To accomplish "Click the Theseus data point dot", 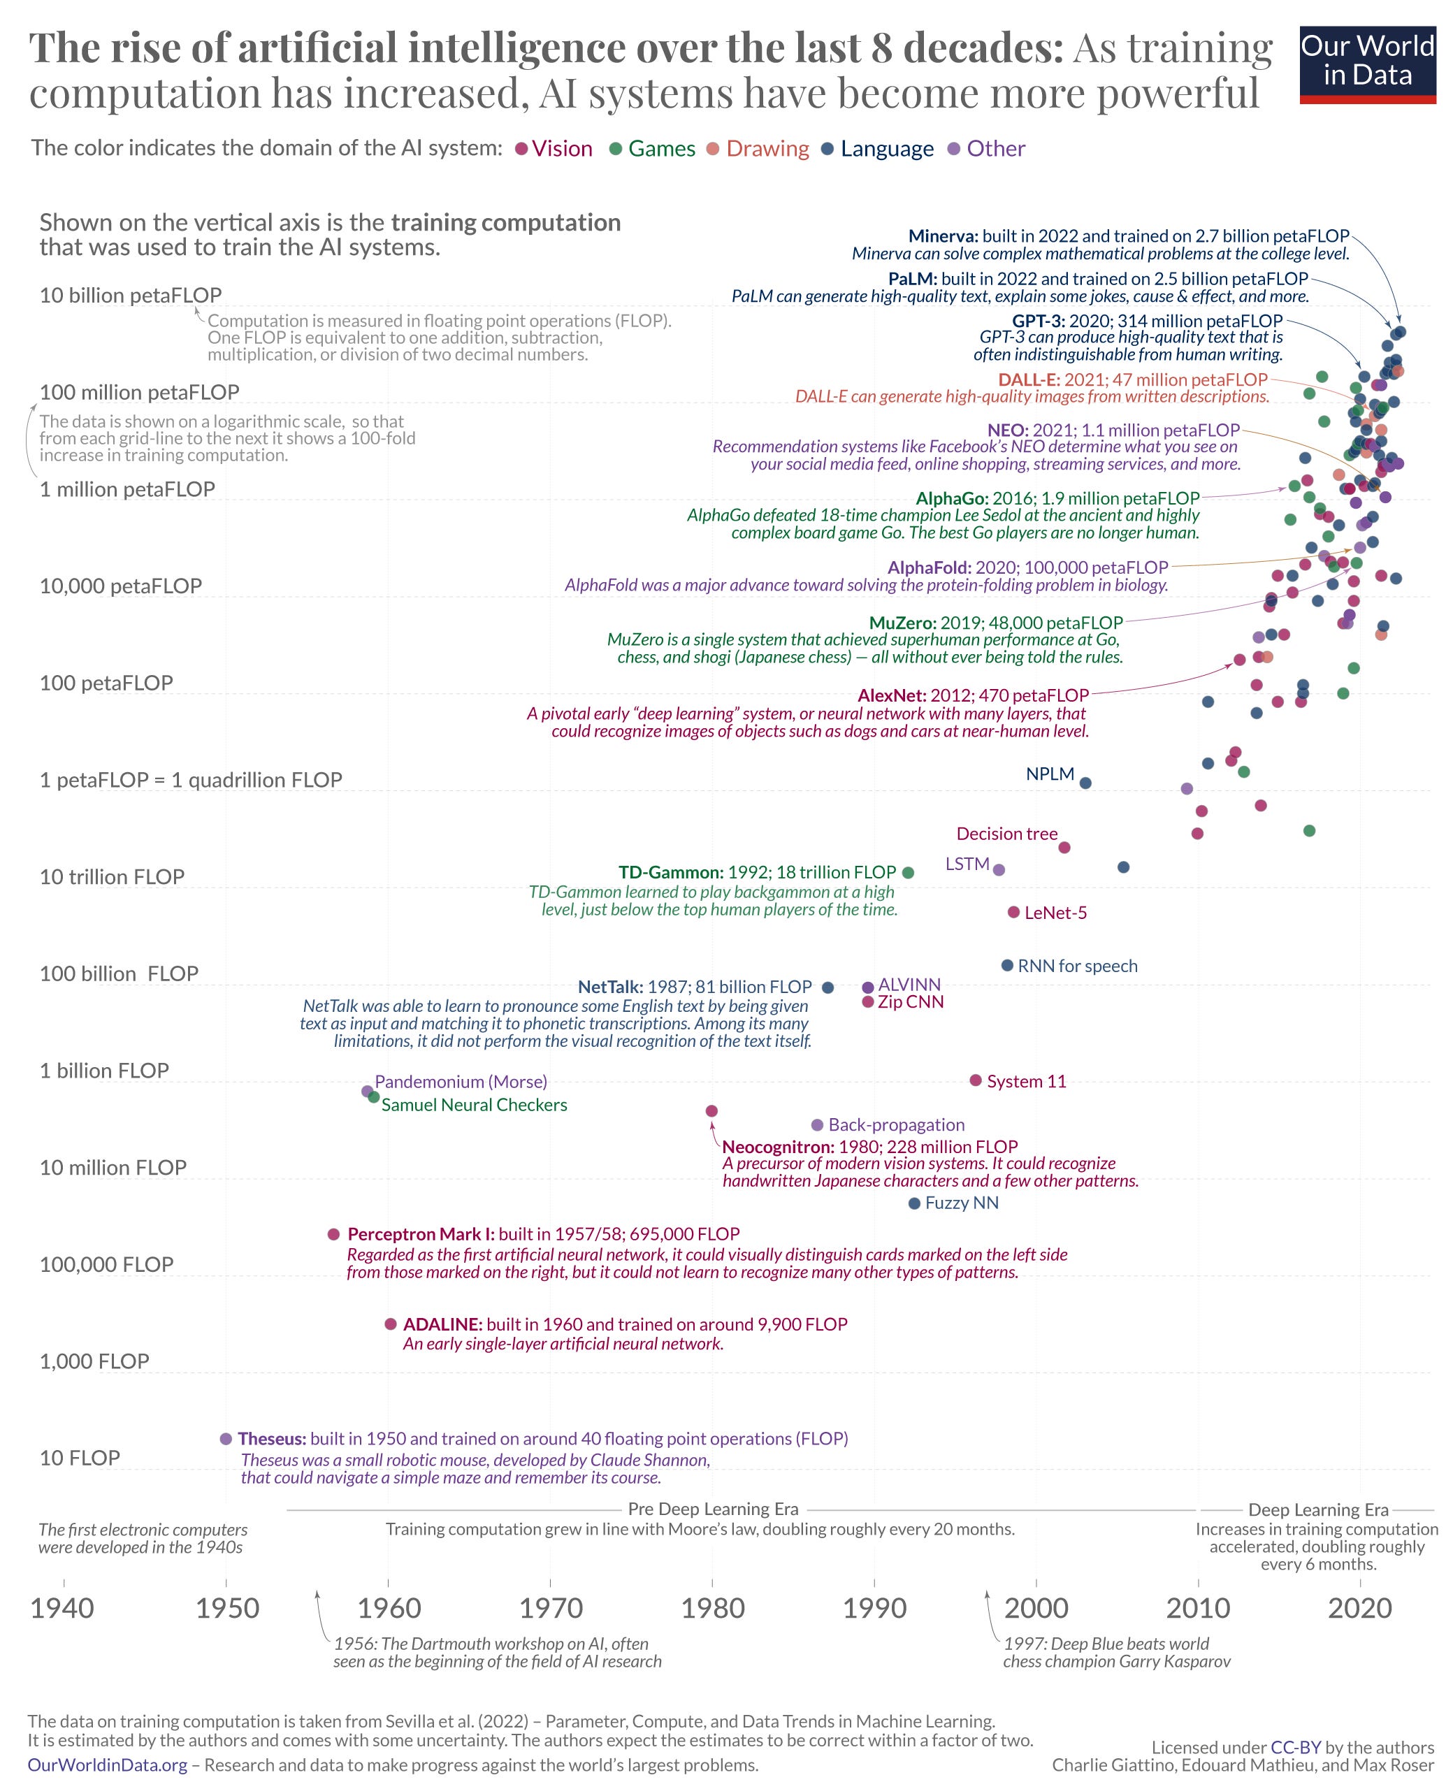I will tap(225, 1438).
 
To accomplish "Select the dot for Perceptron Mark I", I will tap(333, 1233).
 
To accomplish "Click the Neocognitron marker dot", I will tap(711, 1110).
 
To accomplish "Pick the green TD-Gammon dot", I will tap(908, 872).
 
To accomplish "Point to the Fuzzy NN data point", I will tap(914, 1203).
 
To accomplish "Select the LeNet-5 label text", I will tap(1055, 913).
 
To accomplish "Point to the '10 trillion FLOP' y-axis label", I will tap(111, 876).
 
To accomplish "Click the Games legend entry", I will tap(661, 148).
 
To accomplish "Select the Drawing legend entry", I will tap(767, 148).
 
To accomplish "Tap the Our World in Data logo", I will tap(1367, 64).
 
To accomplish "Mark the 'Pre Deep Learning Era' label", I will tap(713, 1509).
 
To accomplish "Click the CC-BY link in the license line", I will tap(1295, 1747).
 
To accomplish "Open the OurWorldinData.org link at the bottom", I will tap(107, 1765).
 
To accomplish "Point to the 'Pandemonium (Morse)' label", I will tap(461, 1081).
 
